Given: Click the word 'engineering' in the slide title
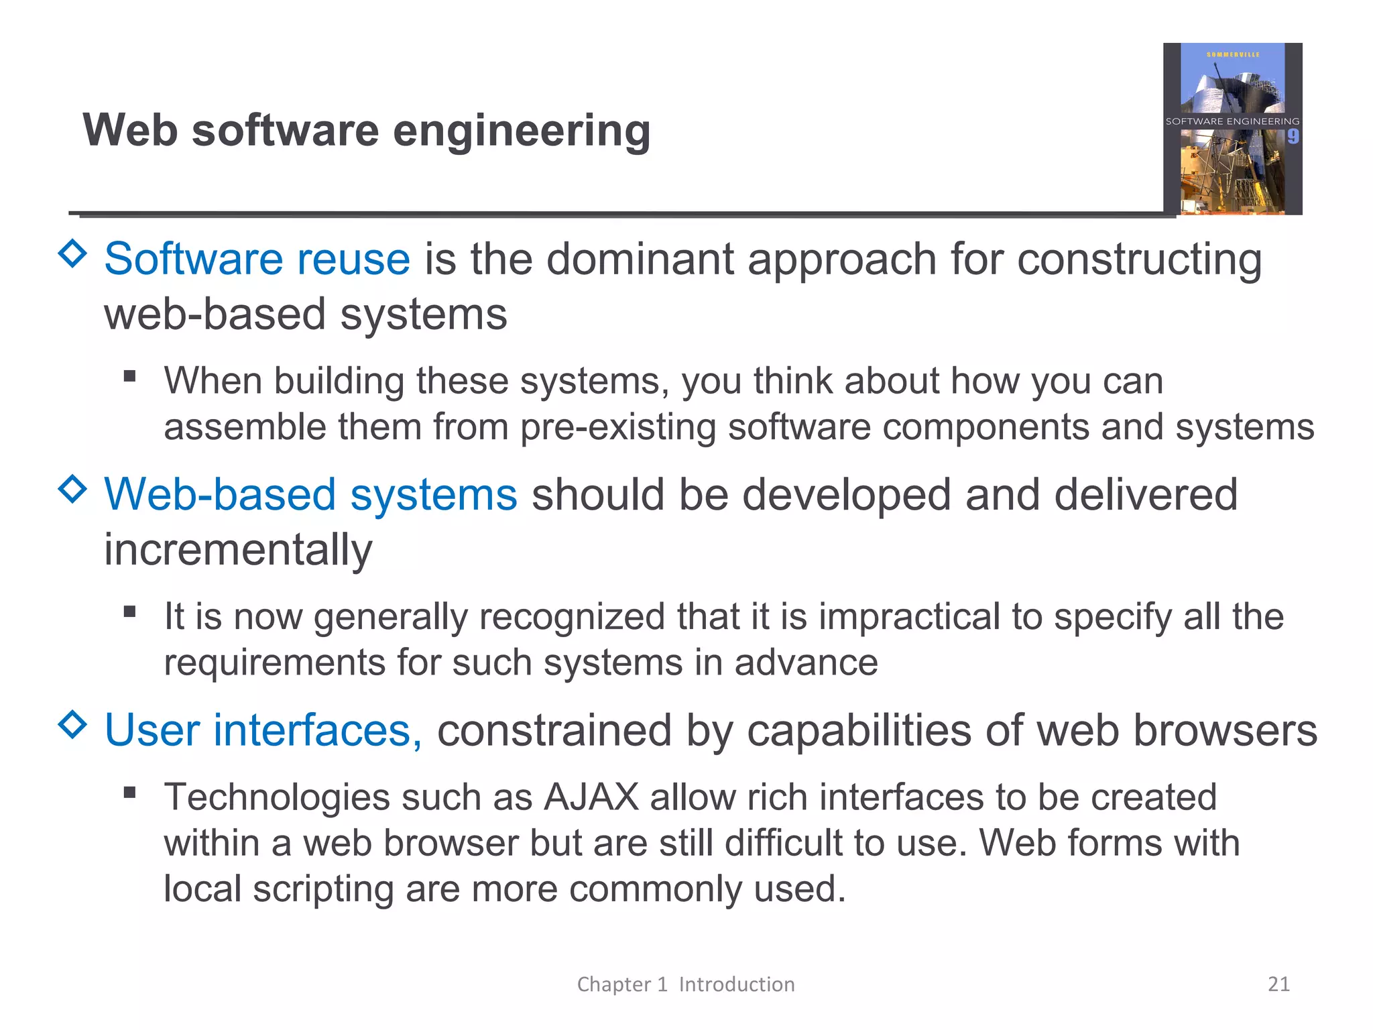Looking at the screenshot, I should tap(521, 131).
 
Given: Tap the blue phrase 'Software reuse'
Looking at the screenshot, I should tap(257, 260).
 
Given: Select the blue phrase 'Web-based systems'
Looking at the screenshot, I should tap(310, 495).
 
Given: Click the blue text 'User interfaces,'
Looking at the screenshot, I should tap(263, 730).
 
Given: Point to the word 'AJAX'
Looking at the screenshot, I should tap(591, 797).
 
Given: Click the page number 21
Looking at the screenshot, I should tap(1278, 984).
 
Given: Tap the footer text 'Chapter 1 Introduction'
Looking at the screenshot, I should tap(686, 984).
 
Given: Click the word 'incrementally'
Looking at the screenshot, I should tap(238, 550).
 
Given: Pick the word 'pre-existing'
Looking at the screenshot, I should tap(618, 427).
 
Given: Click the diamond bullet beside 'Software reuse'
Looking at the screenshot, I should tap(72, 253).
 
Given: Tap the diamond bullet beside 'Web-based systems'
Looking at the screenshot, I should tap(72, 489).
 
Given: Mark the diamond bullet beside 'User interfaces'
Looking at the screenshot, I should tap(72, 724).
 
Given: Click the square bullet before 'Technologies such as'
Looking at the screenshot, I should tap(130, 793).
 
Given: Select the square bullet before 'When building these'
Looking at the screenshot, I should tap(130, 377).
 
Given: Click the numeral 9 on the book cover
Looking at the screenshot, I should tap(1293, 137).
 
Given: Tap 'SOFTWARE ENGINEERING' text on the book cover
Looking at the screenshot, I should tap(1232, 121).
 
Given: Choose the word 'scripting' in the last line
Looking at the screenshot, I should tap(323, 889).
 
